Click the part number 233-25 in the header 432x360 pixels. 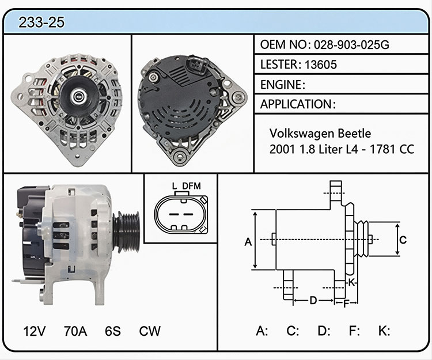(41, 22)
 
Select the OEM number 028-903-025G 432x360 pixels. (351, 44)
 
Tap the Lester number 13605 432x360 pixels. (321, 65)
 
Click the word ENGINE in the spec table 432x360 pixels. (281, 85)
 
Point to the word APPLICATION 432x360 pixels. (296, 104)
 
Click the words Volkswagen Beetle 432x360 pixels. (320, 134)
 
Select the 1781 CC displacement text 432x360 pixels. (392, 149)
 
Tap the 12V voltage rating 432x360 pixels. (35, 331)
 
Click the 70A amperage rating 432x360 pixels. (75, 331)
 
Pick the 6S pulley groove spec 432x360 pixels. (113, 331)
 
